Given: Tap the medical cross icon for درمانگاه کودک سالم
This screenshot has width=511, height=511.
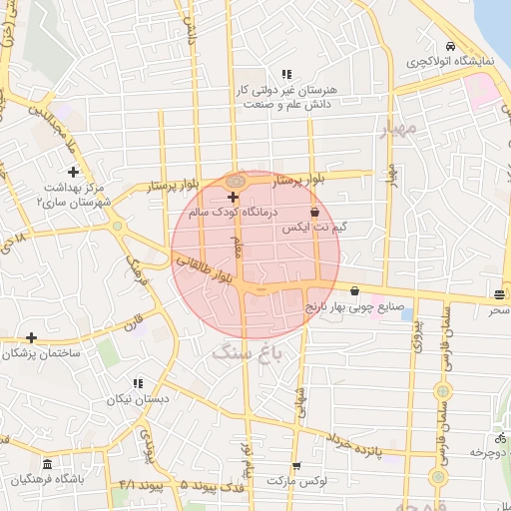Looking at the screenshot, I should [234, 198].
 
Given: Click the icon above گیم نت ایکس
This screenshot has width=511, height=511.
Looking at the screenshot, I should [315, 212].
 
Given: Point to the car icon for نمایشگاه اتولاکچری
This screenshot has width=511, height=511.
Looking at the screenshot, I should [451, 47].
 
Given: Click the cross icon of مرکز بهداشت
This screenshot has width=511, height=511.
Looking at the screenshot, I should [73, 172].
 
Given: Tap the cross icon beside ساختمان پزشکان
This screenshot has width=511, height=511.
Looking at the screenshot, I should [32, 338].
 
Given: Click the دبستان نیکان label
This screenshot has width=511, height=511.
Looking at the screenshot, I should [138, 398].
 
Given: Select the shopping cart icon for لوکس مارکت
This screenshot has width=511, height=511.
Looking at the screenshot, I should [295, 466].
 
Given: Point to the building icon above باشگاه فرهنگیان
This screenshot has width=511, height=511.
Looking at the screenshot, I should [47, 465].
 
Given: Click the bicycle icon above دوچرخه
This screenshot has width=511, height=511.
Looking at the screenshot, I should [498, 438].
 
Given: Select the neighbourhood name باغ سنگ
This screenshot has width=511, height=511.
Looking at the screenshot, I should [249, 351].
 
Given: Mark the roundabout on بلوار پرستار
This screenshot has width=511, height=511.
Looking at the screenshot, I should [236, 181].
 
